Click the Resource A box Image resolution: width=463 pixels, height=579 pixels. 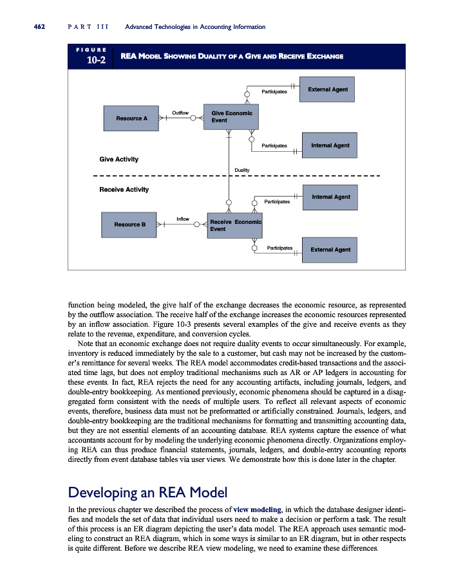132,118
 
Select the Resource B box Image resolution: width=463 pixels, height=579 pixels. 130,225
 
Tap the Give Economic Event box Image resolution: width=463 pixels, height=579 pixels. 231,117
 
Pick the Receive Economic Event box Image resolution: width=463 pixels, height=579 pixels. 234,225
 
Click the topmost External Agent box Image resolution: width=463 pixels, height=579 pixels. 328,90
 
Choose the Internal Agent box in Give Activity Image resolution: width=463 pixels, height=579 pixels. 330,145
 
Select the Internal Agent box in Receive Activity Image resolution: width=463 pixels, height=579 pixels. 330,197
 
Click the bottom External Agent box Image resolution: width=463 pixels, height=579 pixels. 330,250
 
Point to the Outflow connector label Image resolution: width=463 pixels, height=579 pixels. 180,113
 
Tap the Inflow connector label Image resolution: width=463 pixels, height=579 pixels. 183,219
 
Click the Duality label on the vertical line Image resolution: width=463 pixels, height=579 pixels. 242,170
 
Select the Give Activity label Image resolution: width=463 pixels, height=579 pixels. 118,159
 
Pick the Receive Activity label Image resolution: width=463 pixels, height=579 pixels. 124,190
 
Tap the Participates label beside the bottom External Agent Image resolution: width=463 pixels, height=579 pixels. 279,247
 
